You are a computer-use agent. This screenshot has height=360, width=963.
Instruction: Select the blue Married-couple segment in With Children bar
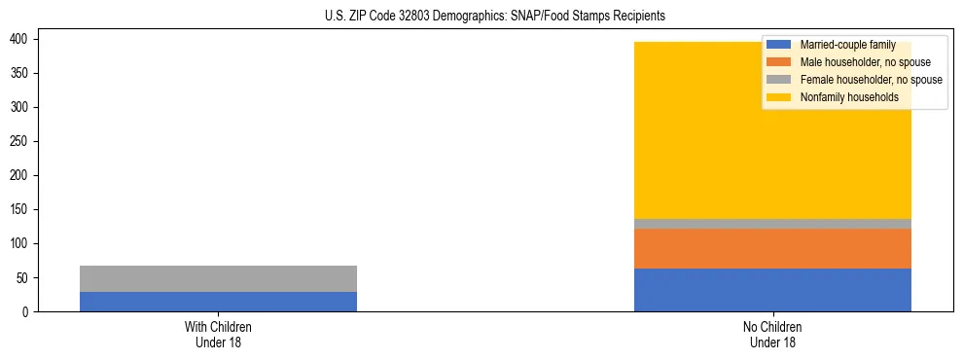pos(218,302)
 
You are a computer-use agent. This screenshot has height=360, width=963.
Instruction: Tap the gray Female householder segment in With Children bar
pos(218,278)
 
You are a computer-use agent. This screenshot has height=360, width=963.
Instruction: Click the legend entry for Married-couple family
pos(841,45)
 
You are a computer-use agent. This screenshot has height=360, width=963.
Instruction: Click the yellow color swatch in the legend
pos(779,97)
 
